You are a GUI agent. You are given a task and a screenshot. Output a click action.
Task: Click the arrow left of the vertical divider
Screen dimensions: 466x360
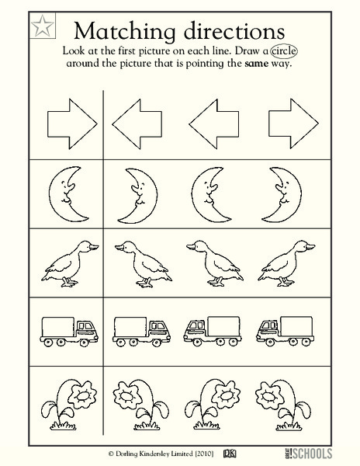click(71, 121)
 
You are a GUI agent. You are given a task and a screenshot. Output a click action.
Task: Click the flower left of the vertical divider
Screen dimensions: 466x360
click(72, 401)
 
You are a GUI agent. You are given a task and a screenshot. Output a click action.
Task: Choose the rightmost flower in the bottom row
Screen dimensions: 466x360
click(284, 401)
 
